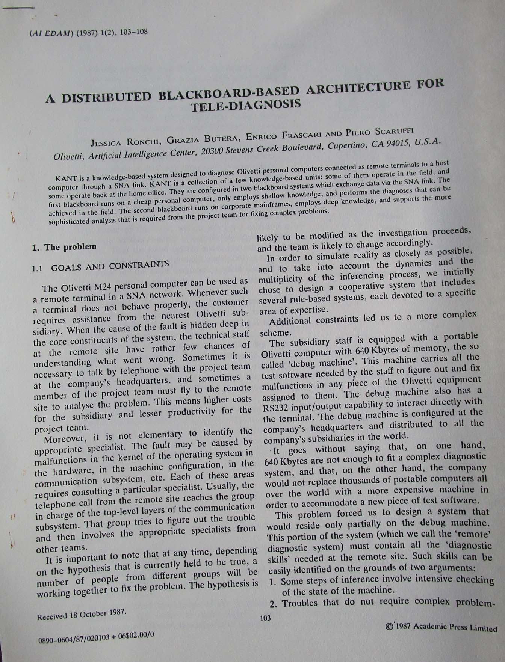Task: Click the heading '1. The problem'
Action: point(64,247)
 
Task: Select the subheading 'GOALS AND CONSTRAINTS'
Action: point(110,266)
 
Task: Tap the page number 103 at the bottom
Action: point(265,618)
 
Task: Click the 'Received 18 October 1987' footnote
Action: point(81,614)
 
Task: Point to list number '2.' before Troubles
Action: point(274,604)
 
